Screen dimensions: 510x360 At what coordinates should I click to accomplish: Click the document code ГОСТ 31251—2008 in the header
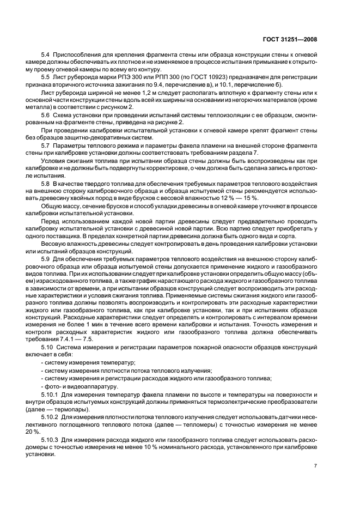pos(294,39)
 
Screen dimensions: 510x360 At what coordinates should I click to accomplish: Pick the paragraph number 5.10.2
pos(50,416)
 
